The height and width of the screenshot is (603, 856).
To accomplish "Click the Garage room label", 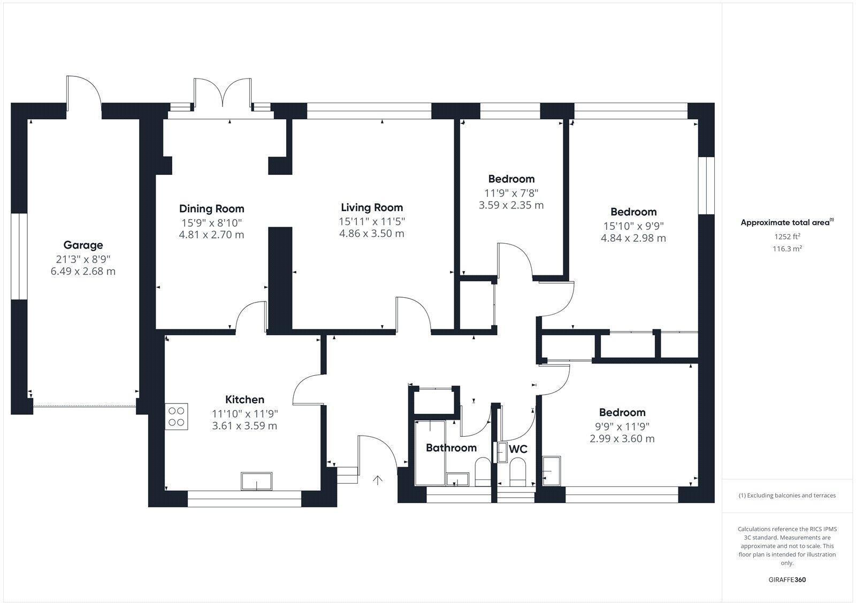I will (x=83, y=245).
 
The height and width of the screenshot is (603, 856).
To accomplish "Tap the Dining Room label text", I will (x=211, y=208).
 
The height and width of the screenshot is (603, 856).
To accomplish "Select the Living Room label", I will (x=372, y=207).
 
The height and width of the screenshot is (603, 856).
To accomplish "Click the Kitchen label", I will (x=244, y=399).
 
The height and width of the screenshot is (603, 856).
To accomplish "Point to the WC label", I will (x=518, y=449).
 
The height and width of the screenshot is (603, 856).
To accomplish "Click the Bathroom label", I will (x=451, y=447).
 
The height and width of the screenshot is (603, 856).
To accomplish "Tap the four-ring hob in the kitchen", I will (x=177, y=416).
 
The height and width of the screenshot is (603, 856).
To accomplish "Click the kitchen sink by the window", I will (x=256, y=481).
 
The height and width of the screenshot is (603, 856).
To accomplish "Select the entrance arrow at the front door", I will (x=378, y=480).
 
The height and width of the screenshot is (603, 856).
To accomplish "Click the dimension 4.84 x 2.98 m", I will (x=633, y=238).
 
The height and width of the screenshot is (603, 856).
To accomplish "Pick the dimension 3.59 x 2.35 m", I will (x=511, y=205).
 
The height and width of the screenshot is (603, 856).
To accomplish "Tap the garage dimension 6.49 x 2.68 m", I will (x=83, y=271).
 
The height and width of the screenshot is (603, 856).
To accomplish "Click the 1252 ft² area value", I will (x=787, y=236).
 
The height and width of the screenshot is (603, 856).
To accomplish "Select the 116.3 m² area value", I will (x=787, y=249).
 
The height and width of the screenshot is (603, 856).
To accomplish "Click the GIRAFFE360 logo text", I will (x=787, y=579).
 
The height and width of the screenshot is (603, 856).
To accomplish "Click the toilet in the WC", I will (x=517, y=472).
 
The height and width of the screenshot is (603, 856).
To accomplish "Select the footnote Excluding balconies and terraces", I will (x=787, y=496).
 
